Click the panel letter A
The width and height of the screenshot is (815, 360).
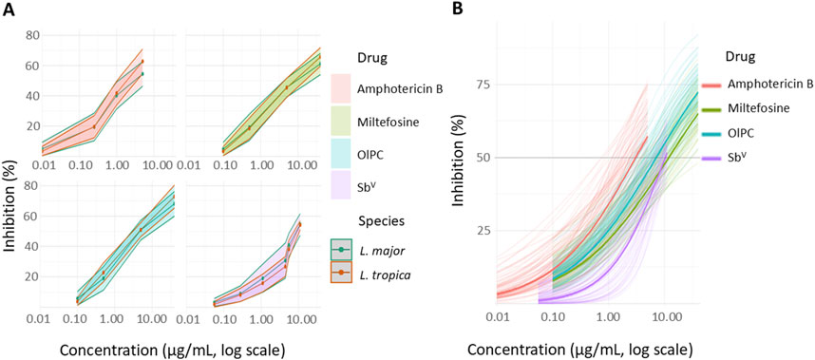click(x=9, y=10)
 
